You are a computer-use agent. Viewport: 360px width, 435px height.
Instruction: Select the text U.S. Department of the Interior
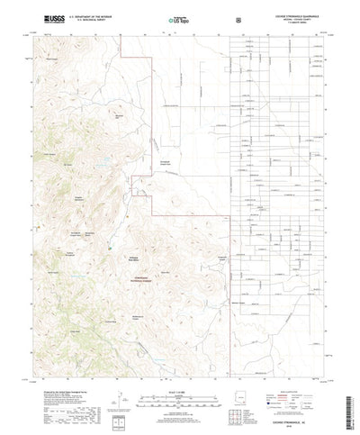[85, 15]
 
